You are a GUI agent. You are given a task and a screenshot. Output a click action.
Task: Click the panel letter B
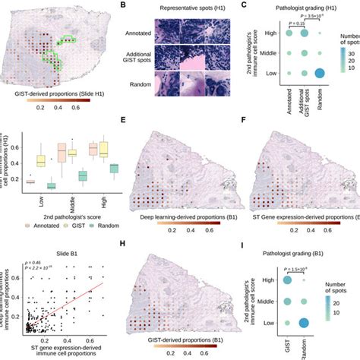124,5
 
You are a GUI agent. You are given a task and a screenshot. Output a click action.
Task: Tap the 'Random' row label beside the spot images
137,85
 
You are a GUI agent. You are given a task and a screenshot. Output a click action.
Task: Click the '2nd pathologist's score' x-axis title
65,216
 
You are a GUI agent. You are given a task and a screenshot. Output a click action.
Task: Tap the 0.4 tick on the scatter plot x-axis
69,336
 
